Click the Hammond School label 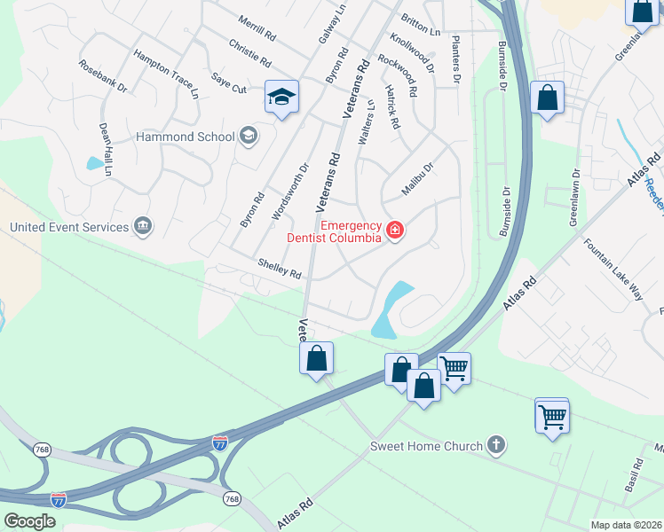pos(184,137)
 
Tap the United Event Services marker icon pos(142,227)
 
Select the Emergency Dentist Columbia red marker pos(395,232)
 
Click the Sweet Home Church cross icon pos(496,446)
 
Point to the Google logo pos(29,521)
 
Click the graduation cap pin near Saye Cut pos(281,98)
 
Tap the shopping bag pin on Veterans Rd pos(317,359)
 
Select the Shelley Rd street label pos(280,269)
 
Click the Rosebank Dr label pos(103,76)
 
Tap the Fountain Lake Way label pos(613,270)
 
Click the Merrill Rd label pos(258,27)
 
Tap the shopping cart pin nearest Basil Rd pos(552,415)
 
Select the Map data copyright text pos(626,525)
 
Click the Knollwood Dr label pos(413,52)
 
